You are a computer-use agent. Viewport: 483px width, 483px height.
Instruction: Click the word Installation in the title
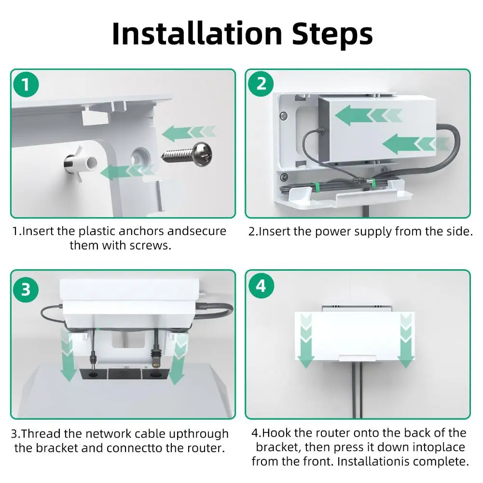click(x=197, y=33)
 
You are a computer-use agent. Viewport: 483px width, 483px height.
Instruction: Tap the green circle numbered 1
click(x=26, y=84)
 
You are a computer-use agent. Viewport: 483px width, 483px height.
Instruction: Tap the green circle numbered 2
click(x=261, y=84)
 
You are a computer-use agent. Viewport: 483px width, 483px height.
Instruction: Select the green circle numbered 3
click(x=26, y=289)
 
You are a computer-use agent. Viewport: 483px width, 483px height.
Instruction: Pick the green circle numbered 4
click(x=261, y=286)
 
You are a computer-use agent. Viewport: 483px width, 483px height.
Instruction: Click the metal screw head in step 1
click(x=202, y=154)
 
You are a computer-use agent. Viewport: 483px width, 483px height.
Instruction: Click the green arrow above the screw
click(x=189, y=133)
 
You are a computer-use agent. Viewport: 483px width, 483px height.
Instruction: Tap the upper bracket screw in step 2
click(x=284, y=116)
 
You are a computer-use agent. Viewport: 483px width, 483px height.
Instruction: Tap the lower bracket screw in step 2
click(x=284, y=177)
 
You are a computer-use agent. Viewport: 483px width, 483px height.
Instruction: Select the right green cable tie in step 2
click(x=373, y=183)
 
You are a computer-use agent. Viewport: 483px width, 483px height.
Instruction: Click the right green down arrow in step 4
click(x=405, y=340)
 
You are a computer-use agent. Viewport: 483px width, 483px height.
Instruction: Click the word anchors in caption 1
click(x=141, y=231)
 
